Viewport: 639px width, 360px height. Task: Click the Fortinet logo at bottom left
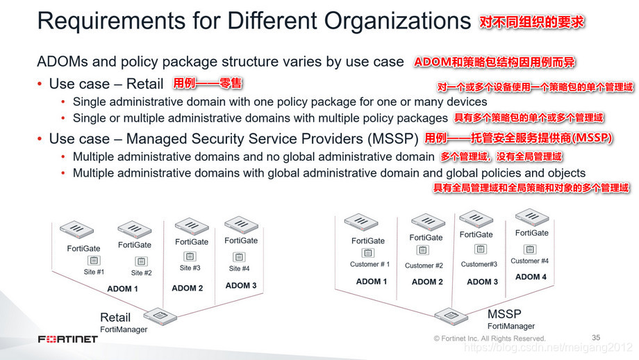point(67,339)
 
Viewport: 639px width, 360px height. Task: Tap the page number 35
point(596,337)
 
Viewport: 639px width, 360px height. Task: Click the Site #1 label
point(94,272)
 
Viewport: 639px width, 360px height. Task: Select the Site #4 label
point(240,268)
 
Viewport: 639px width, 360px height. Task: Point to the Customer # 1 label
point(370,264)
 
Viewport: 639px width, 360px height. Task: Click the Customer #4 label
point(529,261)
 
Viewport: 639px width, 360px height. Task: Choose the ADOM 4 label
point(531,277)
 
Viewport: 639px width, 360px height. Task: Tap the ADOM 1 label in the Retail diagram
point(122,288)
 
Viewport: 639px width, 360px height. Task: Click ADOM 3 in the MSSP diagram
point(483,281)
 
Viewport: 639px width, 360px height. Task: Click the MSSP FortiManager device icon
point(450,316)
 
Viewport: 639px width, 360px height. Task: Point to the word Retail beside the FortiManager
point(115,318)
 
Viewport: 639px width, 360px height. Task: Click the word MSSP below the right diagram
point(504,313)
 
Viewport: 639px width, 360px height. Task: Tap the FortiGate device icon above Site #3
point(191,227)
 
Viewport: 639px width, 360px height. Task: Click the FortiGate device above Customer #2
point(428,222)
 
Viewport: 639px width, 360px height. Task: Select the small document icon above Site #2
point(142,261)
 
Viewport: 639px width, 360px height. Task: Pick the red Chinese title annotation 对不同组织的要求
point(532,22)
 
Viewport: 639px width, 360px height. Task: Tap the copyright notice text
point(490,338)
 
